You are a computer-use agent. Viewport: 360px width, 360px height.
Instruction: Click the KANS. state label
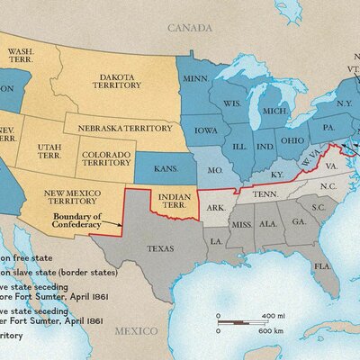(x=162, y=167)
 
